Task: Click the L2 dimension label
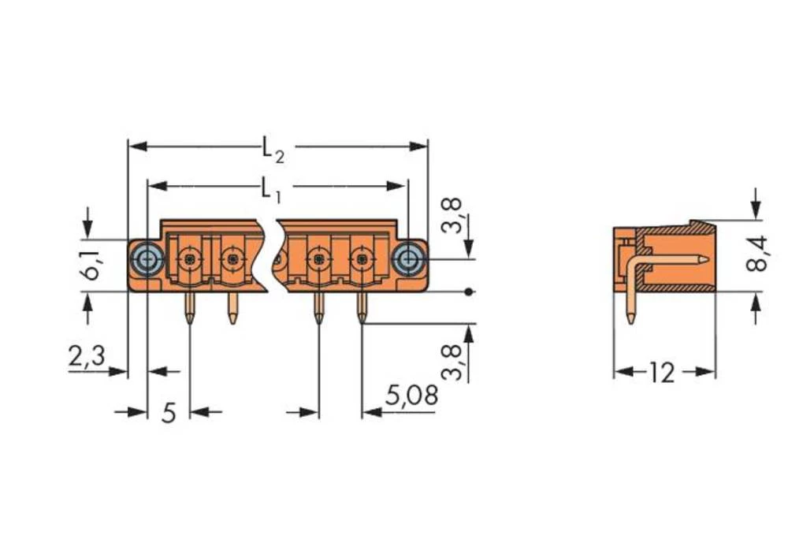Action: (273, 148)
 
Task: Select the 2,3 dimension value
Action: (86, 357)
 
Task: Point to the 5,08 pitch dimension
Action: (411, 396)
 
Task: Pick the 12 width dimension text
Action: (663, 373)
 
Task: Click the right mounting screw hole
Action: (407, 258)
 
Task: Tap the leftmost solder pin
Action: (189, 309)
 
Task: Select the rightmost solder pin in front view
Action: (362, 309)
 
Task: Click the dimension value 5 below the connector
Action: (169, 412)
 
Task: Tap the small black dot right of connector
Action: (470, 292)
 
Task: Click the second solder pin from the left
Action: (232, 309)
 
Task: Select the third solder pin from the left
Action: (318, 309)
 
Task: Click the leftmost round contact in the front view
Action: (188, 258)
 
